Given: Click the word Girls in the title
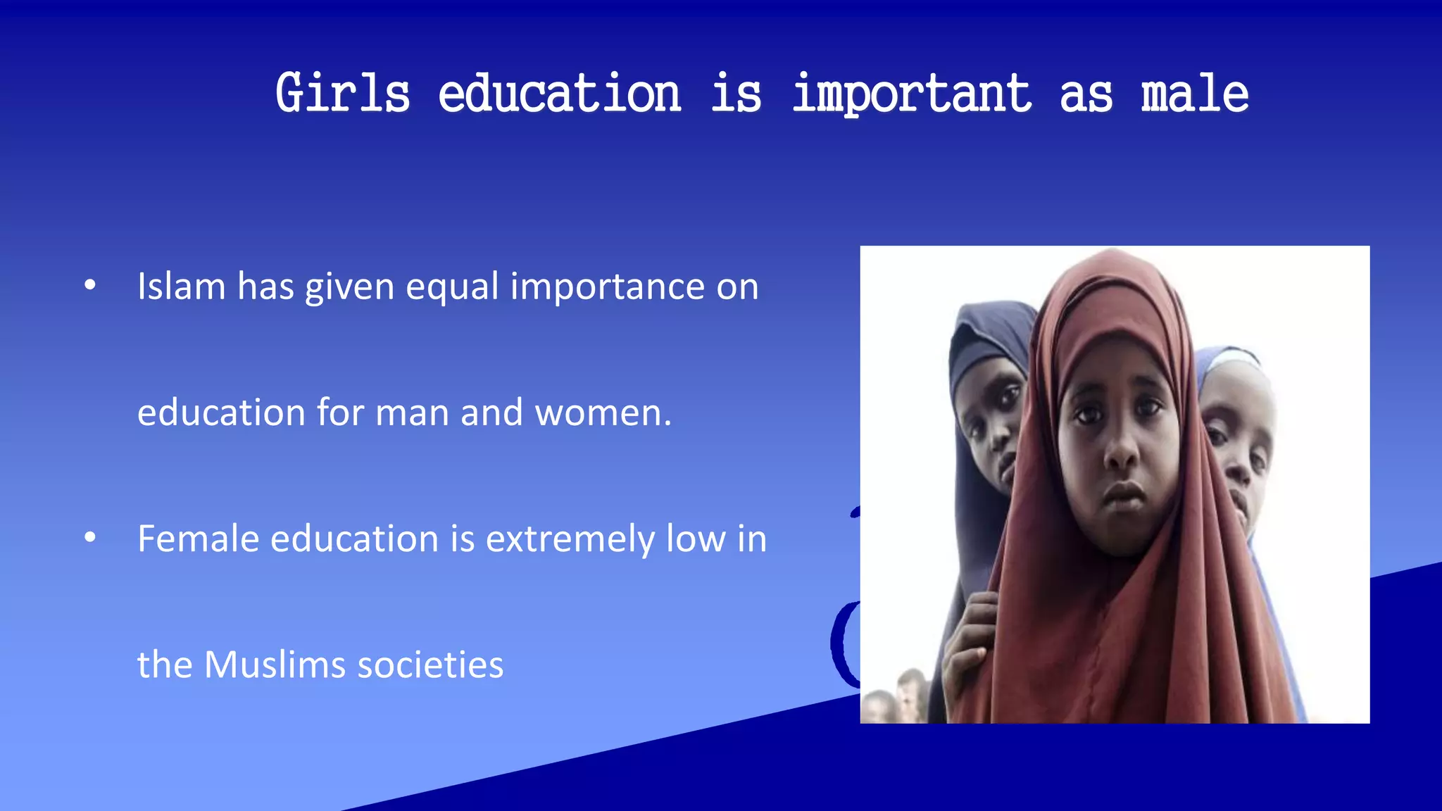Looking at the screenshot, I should click(x=342, y=94).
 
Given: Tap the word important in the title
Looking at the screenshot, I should click(x=912, y=94).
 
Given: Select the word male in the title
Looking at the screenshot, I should click(x=1195, y=94).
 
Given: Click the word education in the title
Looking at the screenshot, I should click(x=560, y=94).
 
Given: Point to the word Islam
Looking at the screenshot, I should click(x=181, y=287).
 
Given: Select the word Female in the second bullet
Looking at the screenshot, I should click(x=198, y=539).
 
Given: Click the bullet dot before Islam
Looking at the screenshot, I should click(x=89, y=285).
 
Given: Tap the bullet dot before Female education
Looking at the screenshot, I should click(x=89, y=538).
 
